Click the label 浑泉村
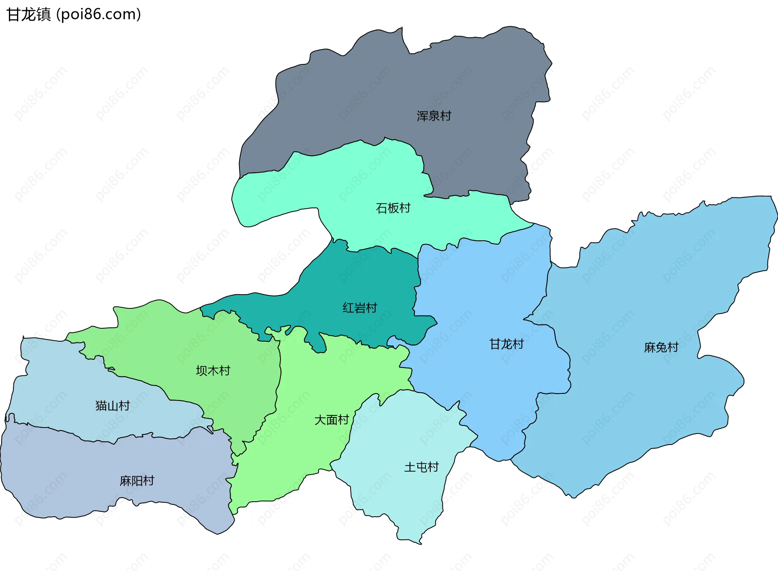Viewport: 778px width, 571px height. pyautogui.click(x=434, y=116)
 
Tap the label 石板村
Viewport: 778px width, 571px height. pyautogui.click(x=393, y=208)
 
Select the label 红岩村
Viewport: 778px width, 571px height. pyautogui.click(x=359, y=308)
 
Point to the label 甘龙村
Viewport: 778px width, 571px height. pyautogui.click(x=507, y=344)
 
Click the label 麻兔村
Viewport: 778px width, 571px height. pyautogui.click(x=661, y=347)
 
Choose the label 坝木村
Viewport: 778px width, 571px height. pyautogui.click(x=213, y=370)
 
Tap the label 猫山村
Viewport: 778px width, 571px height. pyautogui.click(x=112, y=405)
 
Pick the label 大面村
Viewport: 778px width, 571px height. pyautogui.click(x=331, y=420)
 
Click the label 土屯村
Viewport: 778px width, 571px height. pyautogui.click(x=421, y=467)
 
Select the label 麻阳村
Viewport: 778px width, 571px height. pyautogui.click(x=137, y=481)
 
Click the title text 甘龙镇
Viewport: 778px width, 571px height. pyautogui.click(x=28, y=14)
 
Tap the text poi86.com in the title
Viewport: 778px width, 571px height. pyautogui.click(x=98, y=14)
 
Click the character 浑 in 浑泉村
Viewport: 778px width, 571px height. pyautogui.click(x=422, y=116)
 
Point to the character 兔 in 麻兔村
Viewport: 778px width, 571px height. pyautogui.click(x=661, y=347)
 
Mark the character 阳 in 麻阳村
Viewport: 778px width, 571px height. pyautogui.click(x=137, y=481)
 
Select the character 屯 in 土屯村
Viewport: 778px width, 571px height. pyautogui.click(x=421, y=467)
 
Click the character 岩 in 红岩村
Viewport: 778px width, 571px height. pyautogui.click(x=359, y=308)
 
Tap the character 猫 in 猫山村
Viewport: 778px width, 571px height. pyautogui.click(x=101, y=405)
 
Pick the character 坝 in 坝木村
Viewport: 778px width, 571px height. pyautogui.click(x=201, y=370)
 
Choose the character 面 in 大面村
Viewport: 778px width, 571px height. pyautogui.click(x=331, y=420)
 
